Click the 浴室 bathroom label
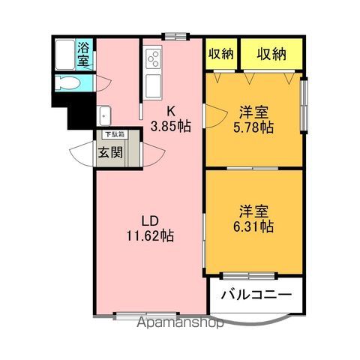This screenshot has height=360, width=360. click(x=83, y=54)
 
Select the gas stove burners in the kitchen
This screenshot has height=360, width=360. click(x=153, y=57)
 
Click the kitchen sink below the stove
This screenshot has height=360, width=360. click(x=153, y=83)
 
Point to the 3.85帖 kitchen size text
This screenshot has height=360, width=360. click(x=170, y=125)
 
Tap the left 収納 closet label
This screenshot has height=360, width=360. click(x=220, y=52)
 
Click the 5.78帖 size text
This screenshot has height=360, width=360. click(x=253, y=127)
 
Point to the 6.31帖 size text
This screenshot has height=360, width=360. click(x=253, y=224)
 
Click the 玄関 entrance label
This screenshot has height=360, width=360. click(x=106, y=152)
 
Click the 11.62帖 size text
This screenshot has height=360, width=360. click(x=150, y=235)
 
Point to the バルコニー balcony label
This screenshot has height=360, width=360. click(x=256, y=295)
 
